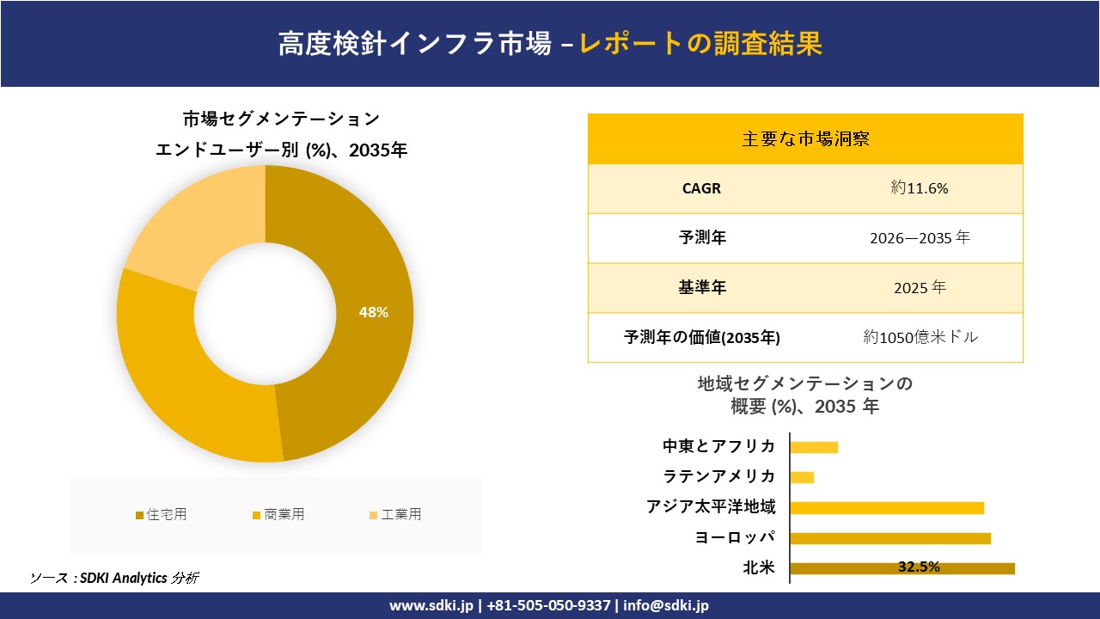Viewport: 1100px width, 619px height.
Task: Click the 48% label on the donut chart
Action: tap(374, 313)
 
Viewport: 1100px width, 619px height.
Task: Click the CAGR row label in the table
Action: tap(701, 188)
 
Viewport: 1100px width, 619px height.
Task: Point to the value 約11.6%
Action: tap(920, 188)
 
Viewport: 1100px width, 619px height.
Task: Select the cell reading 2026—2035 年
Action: tap(920, 238)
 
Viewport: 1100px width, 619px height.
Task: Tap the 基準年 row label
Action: tap(702, 288)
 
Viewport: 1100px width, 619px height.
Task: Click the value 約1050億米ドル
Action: tap(920, 337)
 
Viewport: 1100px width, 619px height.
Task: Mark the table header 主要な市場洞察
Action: tap(805, 138)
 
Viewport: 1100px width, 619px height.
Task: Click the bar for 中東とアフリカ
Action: tap(814, 447)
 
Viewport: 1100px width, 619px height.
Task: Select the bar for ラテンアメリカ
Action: tap(802, 477)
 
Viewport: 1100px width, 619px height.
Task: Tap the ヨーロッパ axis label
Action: tap(735, 537)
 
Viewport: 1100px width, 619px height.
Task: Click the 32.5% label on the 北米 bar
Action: tap(919, 567)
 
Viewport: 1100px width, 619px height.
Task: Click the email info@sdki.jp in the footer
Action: tap(666, 605)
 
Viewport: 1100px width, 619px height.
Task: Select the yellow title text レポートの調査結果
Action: tap(701, 44)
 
